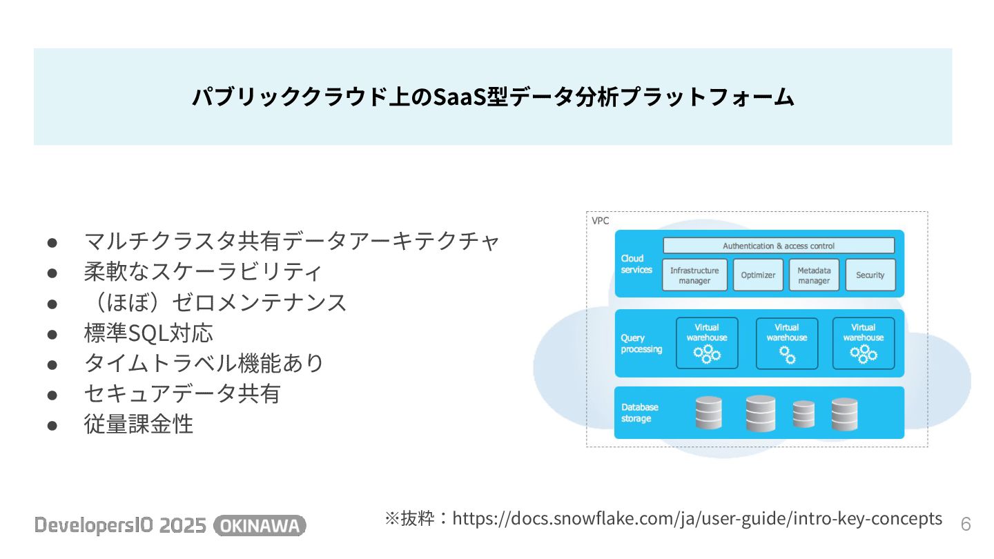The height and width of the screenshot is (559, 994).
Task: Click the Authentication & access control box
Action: tap(779, 246)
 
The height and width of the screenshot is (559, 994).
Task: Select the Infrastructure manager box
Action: tap(694, 275)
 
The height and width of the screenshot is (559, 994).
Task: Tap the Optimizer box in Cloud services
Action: tap(758, 275)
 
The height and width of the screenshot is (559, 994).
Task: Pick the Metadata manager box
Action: tap(814, 275)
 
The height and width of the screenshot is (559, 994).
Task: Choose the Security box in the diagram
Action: tap(870, 275)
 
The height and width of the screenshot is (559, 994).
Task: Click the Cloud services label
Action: tap(636, 264)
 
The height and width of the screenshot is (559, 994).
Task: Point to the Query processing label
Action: tap(641, 343)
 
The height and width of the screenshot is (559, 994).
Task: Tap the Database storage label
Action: tap(639, 413)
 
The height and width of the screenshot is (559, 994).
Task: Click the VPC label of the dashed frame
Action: tap(601, 221)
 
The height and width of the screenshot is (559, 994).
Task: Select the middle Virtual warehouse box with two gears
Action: tap(787, 343)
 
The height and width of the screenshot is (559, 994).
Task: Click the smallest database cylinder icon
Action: tap(803, 414)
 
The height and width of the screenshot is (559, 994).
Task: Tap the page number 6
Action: tap(966, 524)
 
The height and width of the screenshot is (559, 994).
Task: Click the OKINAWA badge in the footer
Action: tap(260, 526)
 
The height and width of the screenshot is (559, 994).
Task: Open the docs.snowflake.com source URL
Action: tap(696, 518)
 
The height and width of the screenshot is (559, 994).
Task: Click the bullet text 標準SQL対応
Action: tap(148, 333)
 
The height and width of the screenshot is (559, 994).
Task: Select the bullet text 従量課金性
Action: tap(138, 424)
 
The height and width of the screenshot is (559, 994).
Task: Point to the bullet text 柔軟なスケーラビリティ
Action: tap(202, 271)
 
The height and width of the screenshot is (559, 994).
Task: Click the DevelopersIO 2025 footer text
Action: tap(121, 526)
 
